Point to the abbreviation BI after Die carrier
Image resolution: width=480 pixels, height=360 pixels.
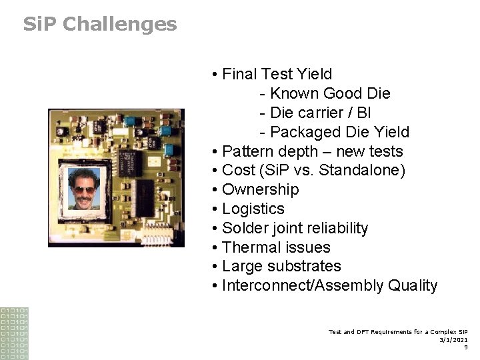coord(364,113)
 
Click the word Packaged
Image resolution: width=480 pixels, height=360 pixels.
coord(301,132)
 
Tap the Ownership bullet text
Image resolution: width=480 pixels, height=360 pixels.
coord(260,190)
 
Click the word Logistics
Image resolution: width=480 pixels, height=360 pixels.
coord(253,209)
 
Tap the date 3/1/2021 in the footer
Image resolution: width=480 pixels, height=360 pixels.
coord(453,339)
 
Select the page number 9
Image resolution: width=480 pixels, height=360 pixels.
coord(465,347)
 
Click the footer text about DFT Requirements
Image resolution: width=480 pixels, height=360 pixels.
coord(397,331)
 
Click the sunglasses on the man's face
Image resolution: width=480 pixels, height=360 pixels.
coord(85,190)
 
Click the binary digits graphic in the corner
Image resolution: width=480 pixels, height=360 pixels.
coord(14,333)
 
